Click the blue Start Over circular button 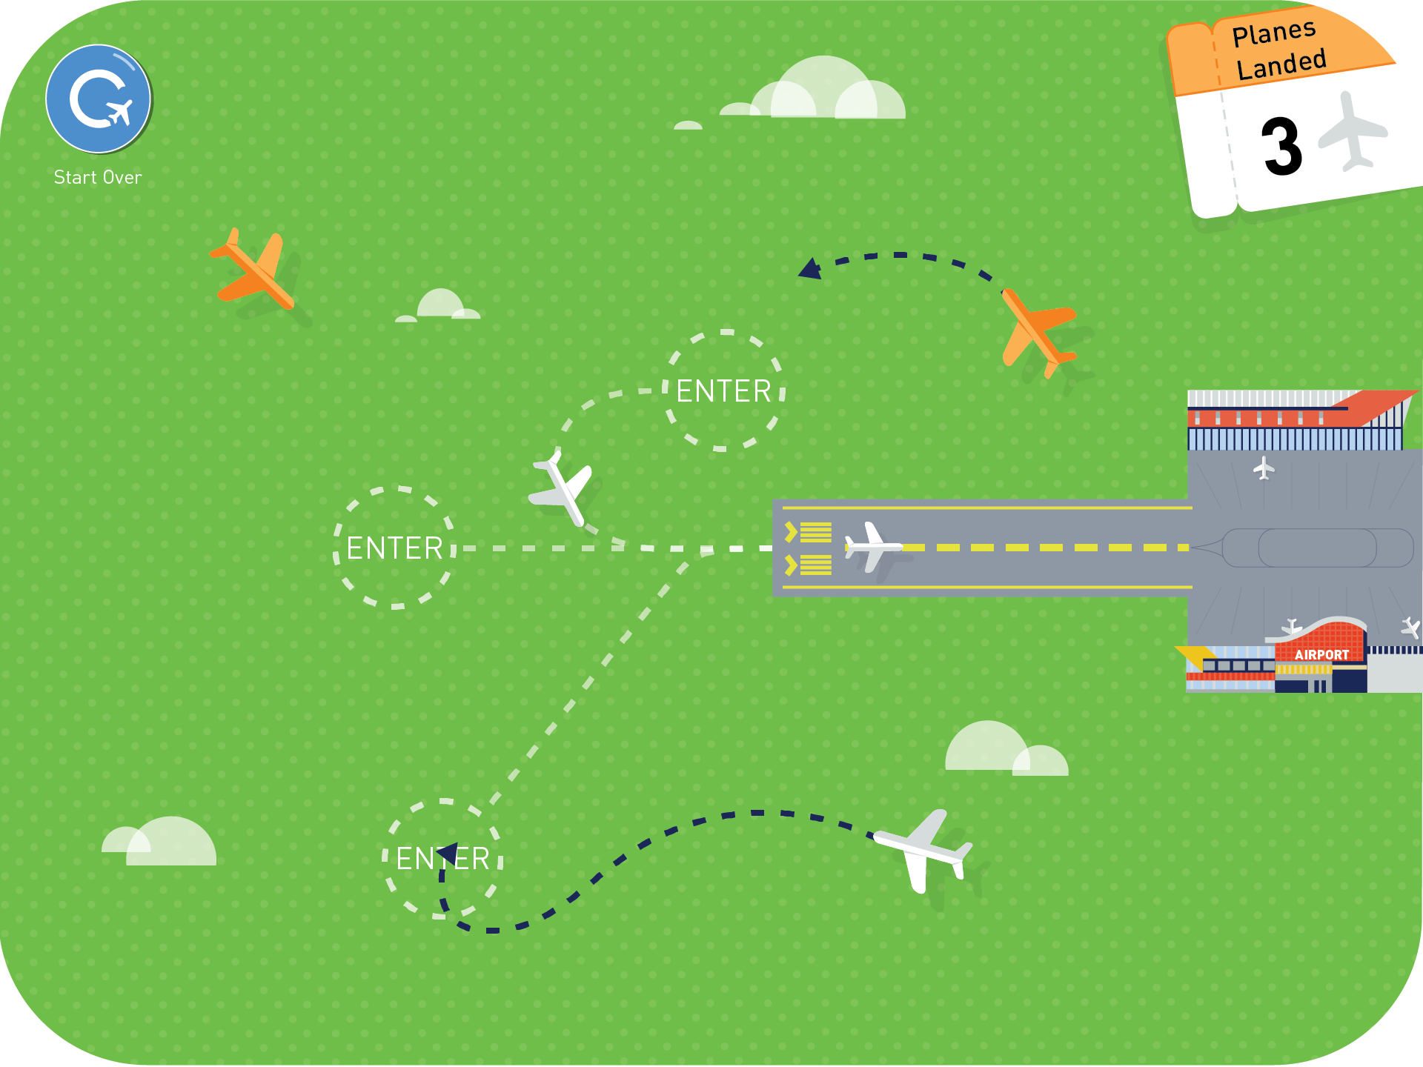pyautogui.click(x=99, y=99)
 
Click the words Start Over pyautogui.click(x=98, y=178)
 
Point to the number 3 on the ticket pyautogui.click(x=1281, y=147)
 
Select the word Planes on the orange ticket pyautogui.click(x=1274, y=33)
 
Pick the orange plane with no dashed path pyautogui.click(x=253, y=269)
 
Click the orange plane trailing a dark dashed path pyautogui.click(x=1038, y=332)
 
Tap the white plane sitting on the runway pyautogui.click(x=874, y=547)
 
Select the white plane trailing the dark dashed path pyautogui.click(x=923, y=851)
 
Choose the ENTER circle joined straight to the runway pyautogui.click(x=394, y=548)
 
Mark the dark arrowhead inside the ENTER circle pyautogui.click(x=448, y=855)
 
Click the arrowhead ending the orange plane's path pyautogui.click(x=810, y=269)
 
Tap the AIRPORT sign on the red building pyautogui.click(x=1321, y=655)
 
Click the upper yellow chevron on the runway pyautogui.click(x=791, y=532)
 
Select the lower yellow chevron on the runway pyautogui.click(x=791, y=565)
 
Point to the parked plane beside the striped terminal pyautogui.click(x=1264, y=468)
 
